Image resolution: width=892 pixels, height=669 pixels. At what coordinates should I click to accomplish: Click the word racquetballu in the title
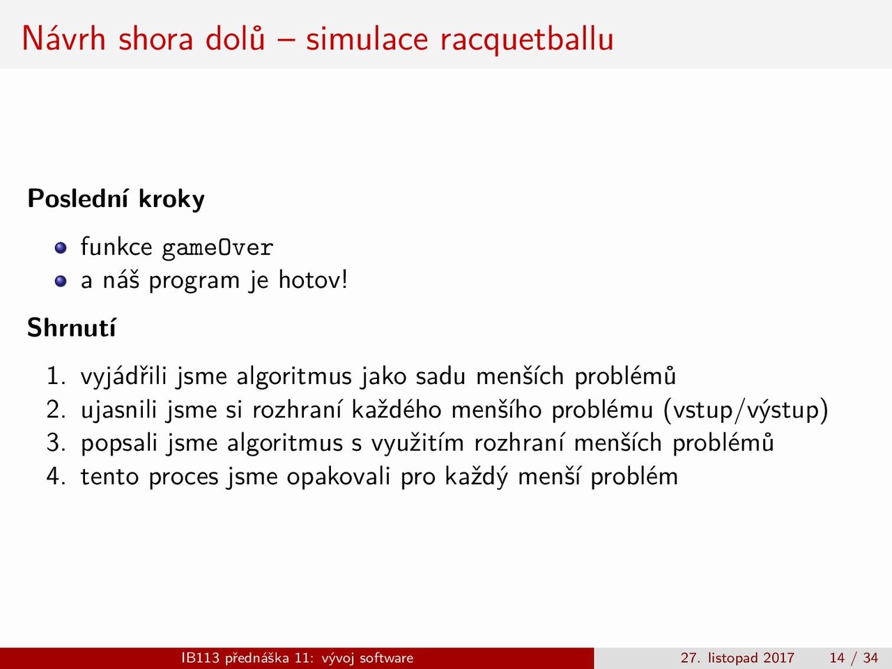(x=527, y=40)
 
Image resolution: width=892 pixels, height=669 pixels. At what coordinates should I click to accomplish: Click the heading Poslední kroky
(x=116, y=199)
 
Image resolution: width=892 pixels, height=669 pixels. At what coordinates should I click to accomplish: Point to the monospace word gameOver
(x=217, y=248)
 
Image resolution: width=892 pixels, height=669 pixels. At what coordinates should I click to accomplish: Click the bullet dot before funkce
(x=61, y=247)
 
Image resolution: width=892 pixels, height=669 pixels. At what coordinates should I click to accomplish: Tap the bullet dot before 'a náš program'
(x=61, y=281)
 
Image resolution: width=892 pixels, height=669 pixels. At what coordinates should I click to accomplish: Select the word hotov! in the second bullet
(x=312, y=280)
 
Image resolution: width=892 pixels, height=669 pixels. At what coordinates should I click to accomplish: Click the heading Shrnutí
(x=72, y=327)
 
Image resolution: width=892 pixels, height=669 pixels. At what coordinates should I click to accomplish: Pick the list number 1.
(x=56, y=376)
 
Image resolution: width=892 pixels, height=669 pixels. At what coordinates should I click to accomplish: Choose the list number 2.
(x=56, y=410)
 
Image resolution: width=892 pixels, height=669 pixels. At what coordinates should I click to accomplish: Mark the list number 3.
(x=56, y=443)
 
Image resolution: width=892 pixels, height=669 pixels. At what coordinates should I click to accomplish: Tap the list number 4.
(x=56, y=477)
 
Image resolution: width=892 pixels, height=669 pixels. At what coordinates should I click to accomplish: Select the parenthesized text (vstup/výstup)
(x=746, y=410)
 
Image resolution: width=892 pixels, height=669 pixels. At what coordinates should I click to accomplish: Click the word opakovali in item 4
(x=339, y=477)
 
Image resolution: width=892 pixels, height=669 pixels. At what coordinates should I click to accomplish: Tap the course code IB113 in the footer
(x=201, y=658)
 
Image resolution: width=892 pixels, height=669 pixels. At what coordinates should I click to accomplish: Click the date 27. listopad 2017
(x=737, y=658)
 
